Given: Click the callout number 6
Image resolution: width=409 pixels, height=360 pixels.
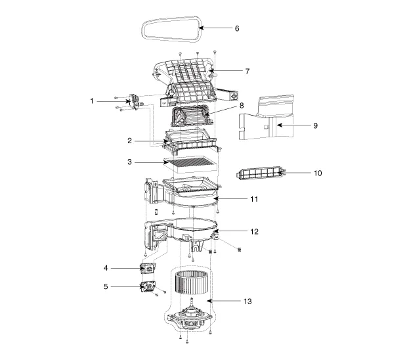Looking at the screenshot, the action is click(x=237, y=28).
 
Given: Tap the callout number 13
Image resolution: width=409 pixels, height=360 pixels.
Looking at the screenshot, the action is click(x=248, y=302).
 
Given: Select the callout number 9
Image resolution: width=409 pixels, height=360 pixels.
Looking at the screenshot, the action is click(x=315, y=125).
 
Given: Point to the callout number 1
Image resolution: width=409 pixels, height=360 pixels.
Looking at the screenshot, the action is click(x=91, y=101).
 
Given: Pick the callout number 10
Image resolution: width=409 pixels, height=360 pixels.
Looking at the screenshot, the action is click(x=318, y=173).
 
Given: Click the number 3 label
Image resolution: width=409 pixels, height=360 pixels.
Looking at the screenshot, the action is click(x=129, y=162).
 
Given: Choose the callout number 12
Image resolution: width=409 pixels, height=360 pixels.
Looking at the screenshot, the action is click(x=254, y=231).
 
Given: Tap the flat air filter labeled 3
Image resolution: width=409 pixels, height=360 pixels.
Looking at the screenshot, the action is click(x=190, y=164).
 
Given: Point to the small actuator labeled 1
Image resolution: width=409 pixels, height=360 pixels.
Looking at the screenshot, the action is click(x=134, y=102).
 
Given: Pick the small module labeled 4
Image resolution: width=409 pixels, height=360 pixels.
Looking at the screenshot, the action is click(x=148, y=268).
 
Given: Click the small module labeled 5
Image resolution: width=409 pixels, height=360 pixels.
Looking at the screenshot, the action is click(x=148, y=286).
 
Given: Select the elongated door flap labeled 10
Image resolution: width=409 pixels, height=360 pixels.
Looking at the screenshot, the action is click(x=260, y=173).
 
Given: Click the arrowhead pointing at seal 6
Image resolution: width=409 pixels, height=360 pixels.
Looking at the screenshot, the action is click(x=201, y=28).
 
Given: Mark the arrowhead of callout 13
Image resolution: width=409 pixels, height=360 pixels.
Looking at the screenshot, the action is click(x=209, y=301).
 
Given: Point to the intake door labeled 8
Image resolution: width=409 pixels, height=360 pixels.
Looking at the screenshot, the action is click(x=192, y=116).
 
